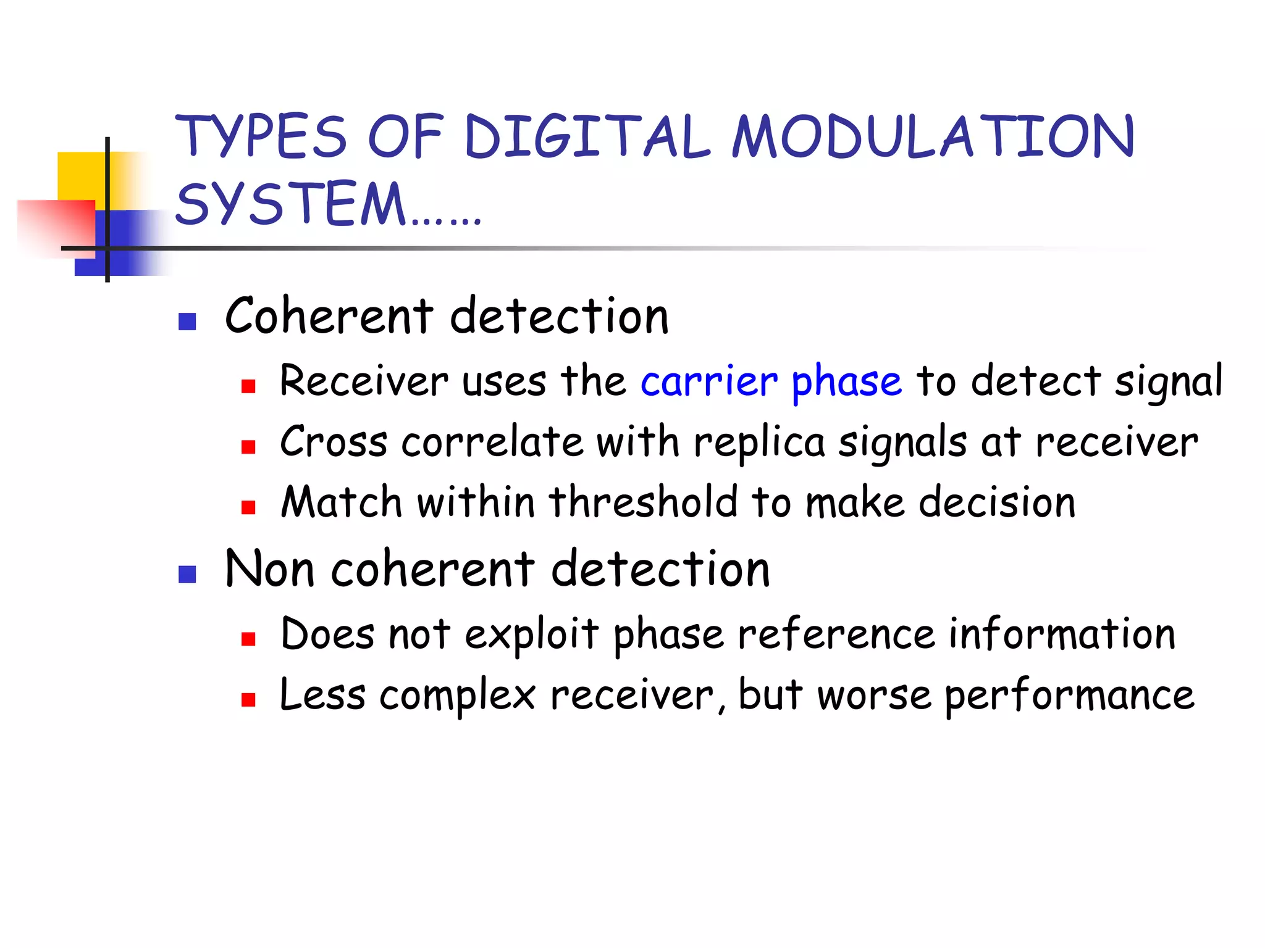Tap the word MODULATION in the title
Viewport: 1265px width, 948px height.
click(933, 137)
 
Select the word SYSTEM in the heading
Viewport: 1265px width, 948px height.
click(290, 204)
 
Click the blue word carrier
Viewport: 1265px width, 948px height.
click(708, 381)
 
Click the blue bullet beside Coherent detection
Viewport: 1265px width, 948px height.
click(187, 322)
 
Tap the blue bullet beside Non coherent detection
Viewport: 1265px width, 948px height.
click(187, 575)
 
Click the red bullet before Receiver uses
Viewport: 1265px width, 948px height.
click(248, 387)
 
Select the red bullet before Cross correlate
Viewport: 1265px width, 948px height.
click(248, 447)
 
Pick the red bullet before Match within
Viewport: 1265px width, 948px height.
click(248, 508)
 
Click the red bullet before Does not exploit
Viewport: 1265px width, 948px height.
click(248, 639)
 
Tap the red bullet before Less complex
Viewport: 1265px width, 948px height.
click(248, 699)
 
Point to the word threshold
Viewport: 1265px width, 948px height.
click(643, 502)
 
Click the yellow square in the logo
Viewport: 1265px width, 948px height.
click(80, 176)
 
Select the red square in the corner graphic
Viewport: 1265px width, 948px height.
click(56, 225)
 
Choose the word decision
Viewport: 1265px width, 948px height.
click(997, 502)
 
